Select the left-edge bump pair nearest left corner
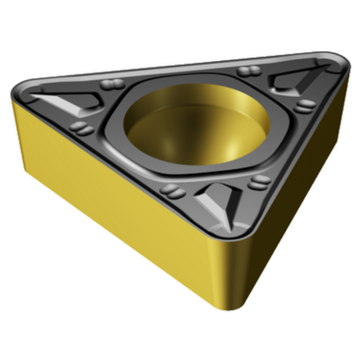81,128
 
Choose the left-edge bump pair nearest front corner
171,190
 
